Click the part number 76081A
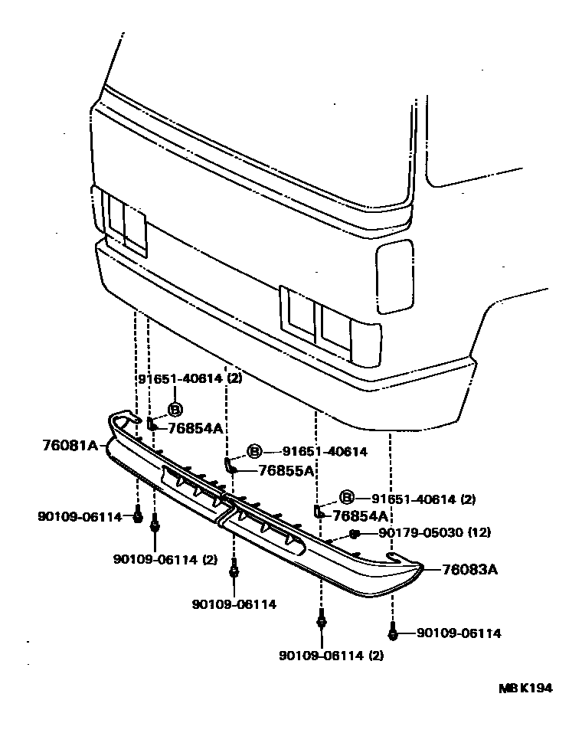tap(70, 444)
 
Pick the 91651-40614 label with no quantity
tap(324, 452)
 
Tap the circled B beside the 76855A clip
tap(254, 452)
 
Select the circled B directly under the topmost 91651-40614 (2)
tap(175, 409)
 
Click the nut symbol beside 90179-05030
tap(354, 533)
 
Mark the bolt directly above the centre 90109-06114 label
tap(234, 571)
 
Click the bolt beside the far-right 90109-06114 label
tap(392, 633)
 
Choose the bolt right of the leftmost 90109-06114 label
tap(138, 516)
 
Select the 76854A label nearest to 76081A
tap(195, 428)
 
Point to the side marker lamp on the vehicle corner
tap(394, 276)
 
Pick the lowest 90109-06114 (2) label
tap(331, 655)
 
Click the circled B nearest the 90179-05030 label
tap(346, 499)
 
